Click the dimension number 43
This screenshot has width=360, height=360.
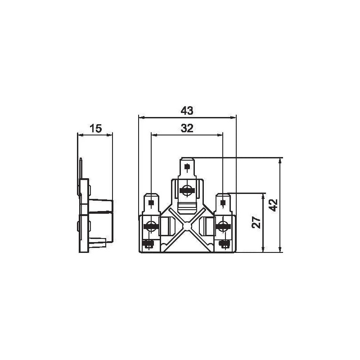tap(187, 111)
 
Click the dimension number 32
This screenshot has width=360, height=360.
tap(187, 128)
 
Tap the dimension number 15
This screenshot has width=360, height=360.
tap(95, 128)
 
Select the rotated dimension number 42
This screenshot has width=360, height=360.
tap(274, 205)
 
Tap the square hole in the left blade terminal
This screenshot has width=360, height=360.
tap(151, 202)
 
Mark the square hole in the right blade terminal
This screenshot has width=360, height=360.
tap(223, 202)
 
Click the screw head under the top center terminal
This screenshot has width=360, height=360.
tap(187, 190)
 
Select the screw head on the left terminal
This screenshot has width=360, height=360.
tap(151, 226)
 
